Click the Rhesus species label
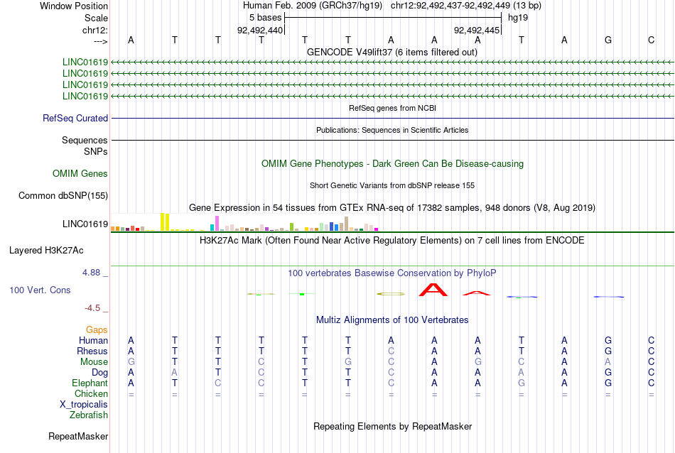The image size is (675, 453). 92,351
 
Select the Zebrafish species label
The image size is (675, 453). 89,415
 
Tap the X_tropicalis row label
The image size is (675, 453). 84,405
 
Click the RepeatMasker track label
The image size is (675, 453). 78,436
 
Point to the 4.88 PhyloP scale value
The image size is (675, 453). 91,273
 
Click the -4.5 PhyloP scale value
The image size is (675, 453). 92,308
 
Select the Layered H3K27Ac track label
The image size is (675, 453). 46,251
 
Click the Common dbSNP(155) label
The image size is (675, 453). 63,196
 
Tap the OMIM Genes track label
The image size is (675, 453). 80,174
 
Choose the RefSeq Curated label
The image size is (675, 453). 75,119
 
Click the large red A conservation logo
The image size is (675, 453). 433,290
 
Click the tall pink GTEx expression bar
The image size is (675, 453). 217,223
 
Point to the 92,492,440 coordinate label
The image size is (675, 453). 260,30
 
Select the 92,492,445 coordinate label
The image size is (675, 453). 477,30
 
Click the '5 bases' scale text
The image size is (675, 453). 265,18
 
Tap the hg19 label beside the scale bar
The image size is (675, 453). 518,18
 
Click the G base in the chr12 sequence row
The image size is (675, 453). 607,40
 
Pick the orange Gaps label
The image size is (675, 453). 97,330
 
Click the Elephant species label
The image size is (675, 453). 90,383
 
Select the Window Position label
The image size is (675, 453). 74,6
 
